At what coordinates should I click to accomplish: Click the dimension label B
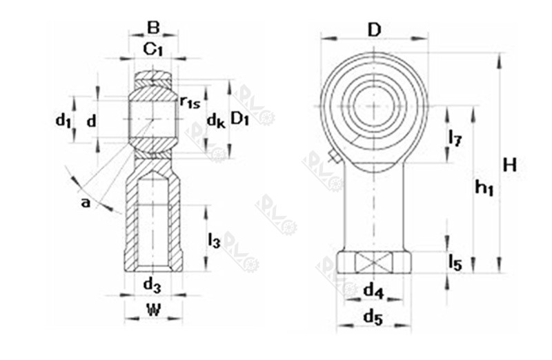[x=153, y=28]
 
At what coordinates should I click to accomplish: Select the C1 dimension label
[x=152, y=49]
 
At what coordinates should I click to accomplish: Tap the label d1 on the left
[x=63, y=121]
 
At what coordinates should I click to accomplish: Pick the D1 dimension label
[x=239, y=119]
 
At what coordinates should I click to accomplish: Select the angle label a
[x=86, y=202]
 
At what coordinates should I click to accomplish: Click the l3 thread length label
[x=215, y=240]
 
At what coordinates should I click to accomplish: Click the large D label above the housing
[x=374, y=30]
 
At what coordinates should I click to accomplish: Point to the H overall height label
[x=510, y=165]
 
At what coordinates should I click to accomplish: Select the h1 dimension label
[x=484, y=186]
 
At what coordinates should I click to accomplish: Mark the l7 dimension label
[x=455, y=137]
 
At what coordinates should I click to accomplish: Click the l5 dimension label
[x=455, y=262]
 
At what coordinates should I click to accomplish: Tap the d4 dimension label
[x=373, y=291]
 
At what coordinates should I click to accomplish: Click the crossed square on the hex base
[x=373, y=263]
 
